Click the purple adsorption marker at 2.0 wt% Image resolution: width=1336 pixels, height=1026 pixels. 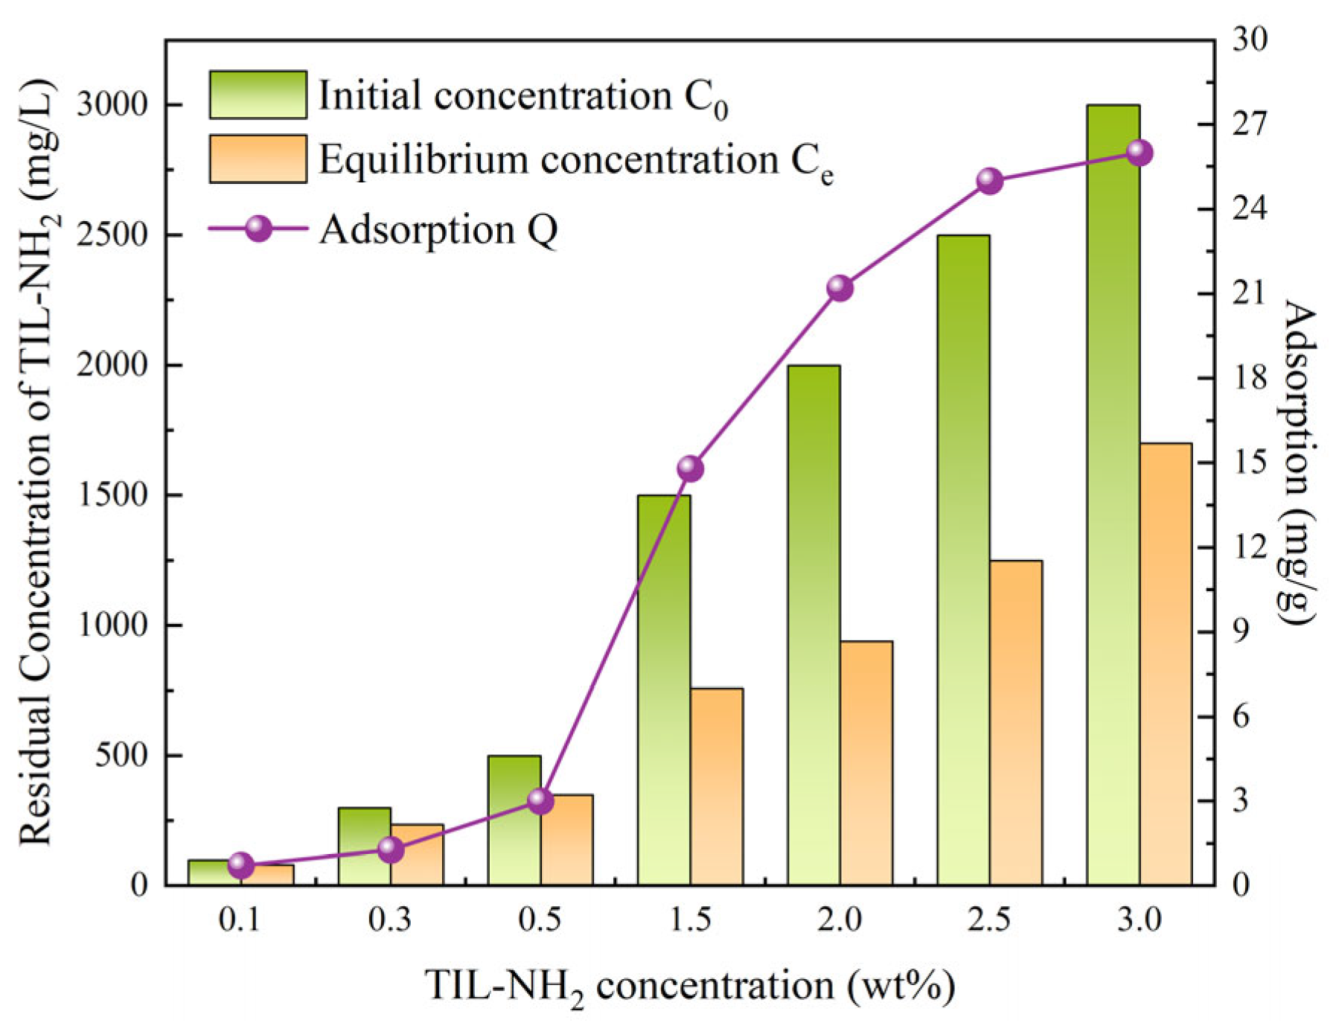[x=840, y=288]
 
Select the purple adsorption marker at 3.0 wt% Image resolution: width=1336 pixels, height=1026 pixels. [x=1139, y=153]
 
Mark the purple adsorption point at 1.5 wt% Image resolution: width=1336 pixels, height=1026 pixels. [x=690, y=468]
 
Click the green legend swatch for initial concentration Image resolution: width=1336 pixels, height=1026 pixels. [x=258, y=95]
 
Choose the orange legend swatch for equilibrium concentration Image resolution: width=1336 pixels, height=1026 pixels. [x=258, y=159]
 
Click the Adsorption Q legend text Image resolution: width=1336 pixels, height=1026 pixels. [x=438, y=229]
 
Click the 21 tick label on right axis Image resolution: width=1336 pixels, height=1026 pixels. [x=1248, y=293]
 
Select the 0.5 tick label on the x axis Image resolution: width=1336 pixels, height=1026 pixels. [x=540, y=920]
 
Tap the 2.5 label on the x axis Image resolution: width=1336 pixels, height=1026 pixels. [x=989, y=920]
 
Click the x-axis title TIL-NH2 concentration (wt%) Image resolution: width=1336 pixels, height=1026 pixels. [x=689, y=986]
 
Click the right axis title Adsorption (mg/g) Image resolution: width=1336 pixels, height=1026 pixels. [x=1298, y=462]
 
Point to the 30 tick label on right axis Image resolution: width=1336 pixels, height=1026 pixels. [x=1249, y=39]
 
